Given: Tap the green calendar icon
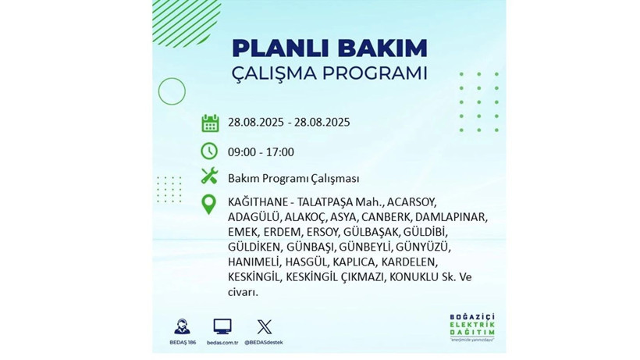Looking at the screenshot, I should (209, 123).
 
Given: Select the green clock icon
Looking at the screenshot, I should (209, 151).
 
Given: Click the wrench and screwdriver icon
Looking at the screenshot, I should (209, 176).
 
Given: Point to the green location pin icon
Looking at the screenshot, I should (209, 204).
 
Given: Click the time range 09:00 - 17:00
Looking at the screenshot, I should (261, 151).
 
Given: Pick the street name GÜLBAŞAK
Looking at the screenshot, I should (372, 232).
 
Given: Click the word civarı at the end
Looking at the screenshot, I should (242, 292).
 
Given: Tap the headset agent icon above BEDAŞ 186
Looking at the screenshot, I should (182, 326).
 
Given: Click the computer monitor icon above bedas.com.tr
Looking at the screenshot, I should (222, 326).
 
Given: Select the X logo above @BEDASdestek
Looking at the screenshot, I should (264, 326).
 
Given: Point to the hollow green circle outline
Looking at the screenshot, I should (172, 91).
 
